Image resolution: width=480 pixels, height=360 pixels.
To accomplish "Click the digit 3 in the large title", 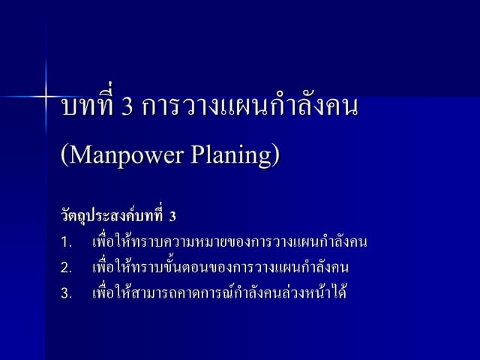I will [x=127, y=107].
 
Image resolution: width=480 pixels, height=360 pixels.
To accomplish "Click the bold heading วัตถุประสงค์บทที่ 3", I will [x=118, y=217].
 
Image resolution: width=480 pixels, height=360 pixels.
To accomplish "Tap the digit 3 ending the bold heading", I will [x=172, y=217].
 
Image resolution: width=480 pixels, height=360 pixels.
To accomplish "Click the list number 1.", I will [x=66, y=243].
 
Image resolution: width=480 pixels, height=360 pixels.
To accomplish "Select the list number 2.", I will [x=66, y=268].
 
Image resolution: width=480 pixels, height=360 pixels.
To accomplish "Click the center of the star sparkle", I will [x=46, y=97].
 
